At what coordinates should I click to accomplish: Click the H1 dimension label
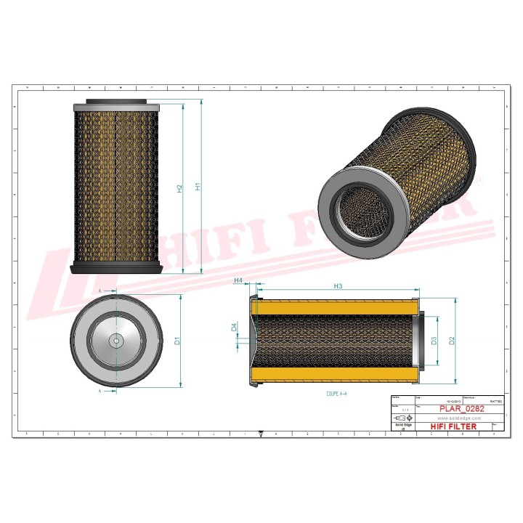tap(198, 186)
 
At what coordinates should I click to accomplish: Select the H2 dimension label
tap(179, 188)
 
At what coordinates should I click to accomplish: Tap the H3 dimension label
tap(338, 286)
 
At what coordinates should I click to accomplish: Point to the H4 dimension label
tap(238, 280)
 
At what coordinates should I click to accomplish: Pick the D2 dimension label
tap(451, 341)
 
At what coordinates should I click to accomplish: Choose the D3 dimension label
tap(434, 341)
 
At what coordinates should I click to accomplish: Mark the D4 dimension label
tap(234, 327)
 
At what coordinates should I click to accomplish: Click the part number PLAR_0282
tap(462, 409)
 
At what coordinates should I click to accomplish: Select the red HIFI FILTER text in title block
tap(454, 426)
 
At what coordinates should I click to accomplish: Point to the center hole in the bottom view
tap(115, 340)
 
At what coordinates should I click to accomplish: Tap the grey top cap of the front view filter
tap(116, 102)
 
